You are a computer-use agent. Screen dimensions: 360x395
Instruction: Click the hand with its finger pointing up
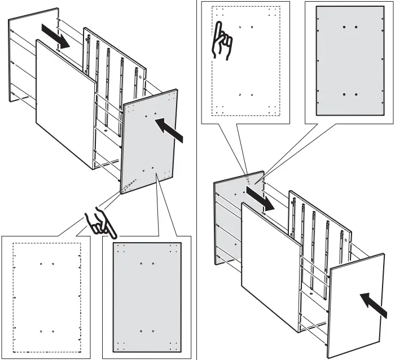tap(222, 41)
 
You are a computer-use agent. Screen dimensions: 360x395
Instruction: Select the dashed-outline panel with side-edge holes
tap(47, 297)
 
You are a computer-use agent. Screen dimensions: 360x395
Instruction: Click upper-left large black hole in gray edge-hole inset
tap(344, 27)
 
